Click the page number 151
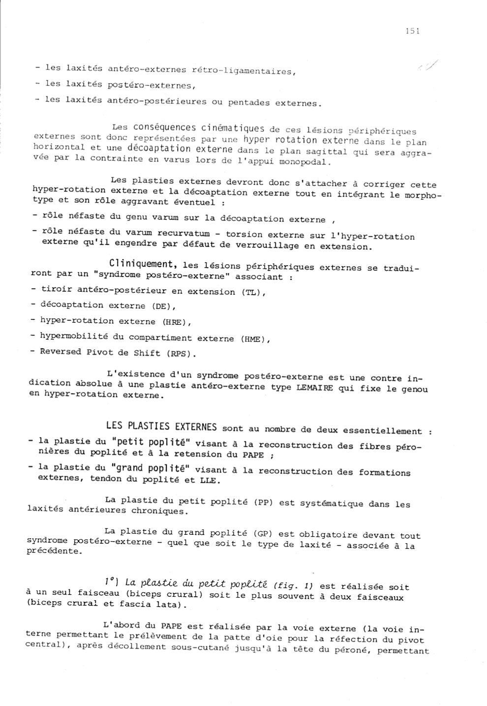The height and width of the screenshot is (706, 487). coord(412,31)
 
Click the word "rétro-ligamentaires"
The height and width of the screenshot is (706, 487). coord(243,71)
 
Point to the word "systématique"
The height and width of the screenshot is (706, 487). coord(339,503)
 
